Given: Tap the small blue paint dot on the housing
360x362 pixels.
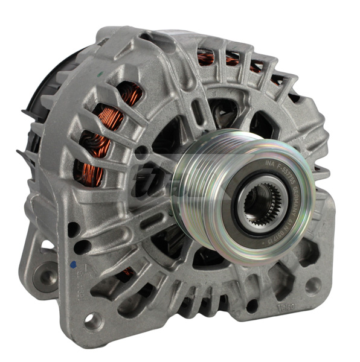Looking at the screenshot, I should click(x=72, y=264).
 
